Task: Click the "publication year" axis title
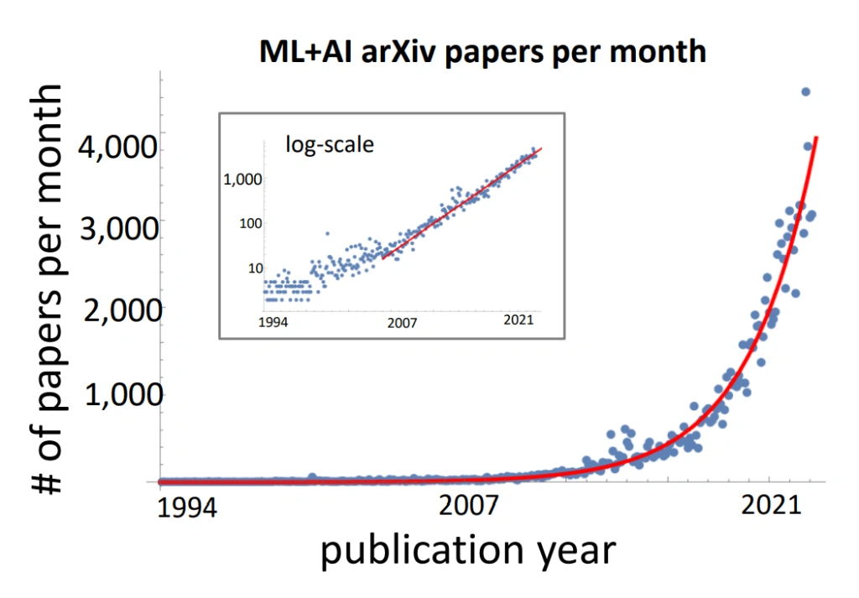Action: [x=468, y=551]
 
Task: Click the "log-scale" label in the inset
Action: [x=330, y=144]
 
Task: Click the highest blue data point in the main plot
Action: [x=805, y=91]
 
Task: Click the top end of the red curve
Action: [x=817, y=137]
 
